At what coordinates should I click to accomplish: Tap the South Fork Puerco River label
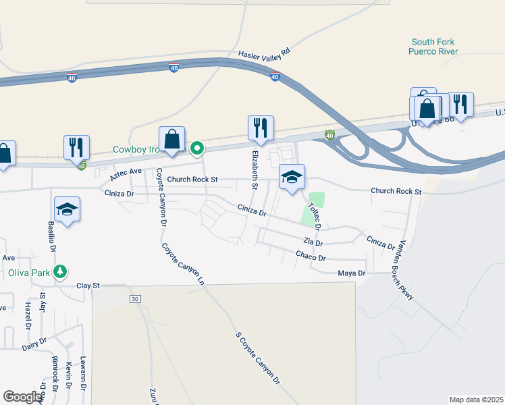pyautogui.click(x=433, y=47)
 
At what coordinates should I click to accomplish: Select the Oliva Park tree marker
pyautogui.click(x=61, y=271)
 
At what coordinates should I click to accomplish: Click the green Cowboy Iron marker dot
pyautogui.click(x=197, y=146)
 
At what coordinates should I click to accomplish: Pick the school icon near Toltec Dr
pyautogui.click(x=292, y=177)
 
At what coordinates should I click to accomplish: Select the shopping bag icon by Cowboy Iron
pyautogui.click(x=172, y=139)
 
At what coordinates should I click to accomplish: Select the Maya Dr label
pyautogui.click(x=351, y=273)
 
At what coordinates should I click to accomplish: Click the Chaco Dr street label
pyautogui.click(x=311, y=256)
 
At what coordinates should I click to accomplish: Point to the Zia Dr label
pyautogui.click(x=313, y=242)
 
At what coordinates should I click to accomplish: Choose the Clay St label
pyautogui.click(x=88, y=286)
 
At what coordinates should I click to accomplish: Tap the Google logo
pyautogui.click(x=22, y=396)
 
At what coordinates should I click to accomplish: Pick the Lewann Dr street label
pyautogui.click(x=84, y=373)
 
